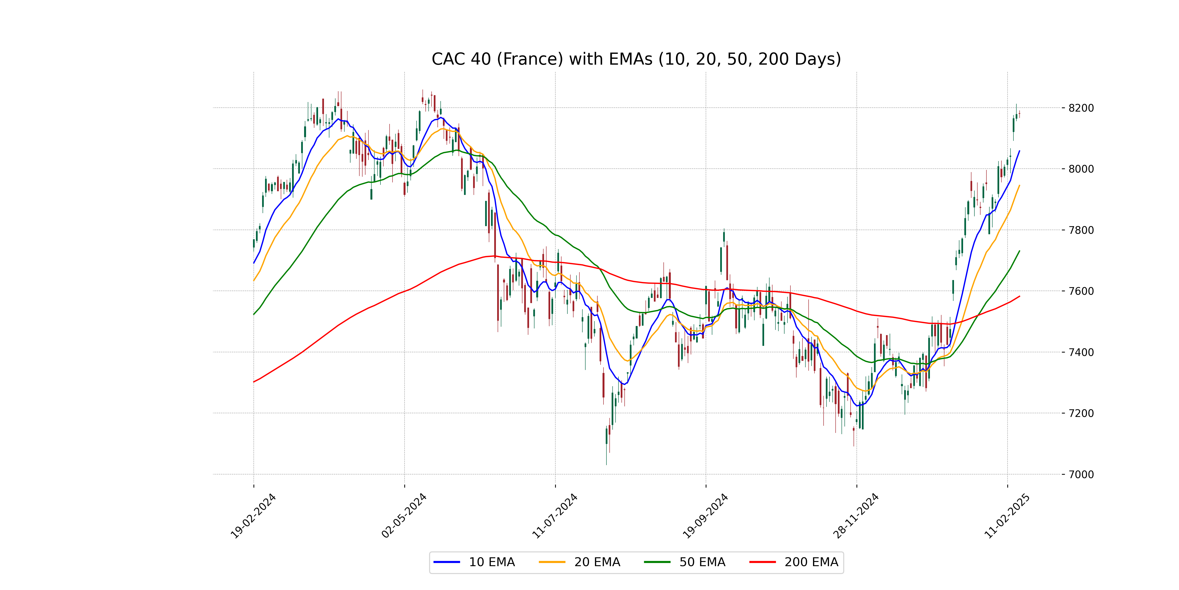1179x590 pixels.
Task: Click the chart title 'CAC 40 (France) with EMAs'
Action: tap(636, 59)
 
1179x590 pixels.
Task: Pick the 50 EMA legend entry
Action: tap(685, 562)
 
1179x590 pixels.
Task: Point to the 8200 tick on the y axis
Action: tap(1081, 108)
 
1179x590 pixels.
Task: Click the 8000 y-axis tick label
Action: tap(1081, 169)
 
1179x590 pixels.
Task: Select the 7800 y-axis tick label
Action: tap(1081, 230)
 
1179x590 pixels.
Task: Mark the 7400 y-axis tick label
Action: tap(1081, 352)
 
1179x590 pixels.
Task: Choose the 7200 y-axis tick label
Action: tap(1081, 413)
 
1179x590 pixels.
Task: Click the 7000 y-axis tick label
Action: tap(1081, 474)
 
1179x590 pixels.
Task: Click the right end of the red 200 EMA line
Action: tap(1019, 296)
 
